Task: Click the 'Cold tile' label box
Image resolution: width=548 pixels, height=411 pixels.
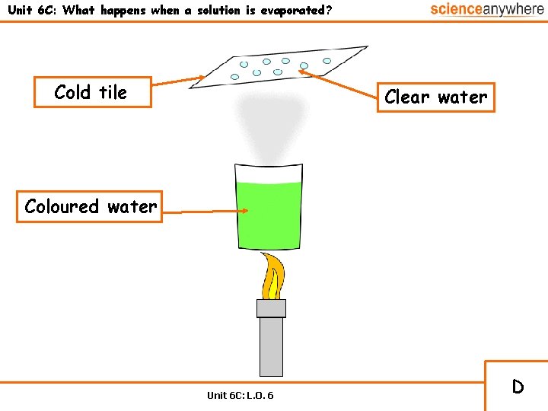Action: click(92, 92)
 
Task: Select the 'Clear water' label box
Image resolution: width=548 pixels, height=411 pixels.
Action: click(436, 97)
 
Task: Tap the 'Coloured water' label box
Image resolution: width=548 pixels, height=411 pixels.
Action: click(90, 206)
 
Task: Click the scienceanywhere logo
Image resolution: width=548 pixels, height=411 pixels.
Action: click(486, 10)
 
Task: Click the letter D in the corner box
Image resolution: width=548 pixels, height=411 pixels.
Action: click(518, 387)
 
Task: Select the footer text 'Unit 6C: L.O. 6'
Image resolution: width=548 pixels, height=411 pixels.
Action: click(241, 395)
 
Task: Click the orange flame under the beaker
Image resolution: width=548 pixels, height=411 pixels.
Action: click(272, 276)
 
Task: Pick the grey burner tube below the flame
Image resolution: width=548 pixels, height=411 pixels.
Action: click(271, 346)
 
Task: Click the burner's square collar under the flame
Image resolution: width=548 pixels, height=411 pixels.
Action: click(271, 308)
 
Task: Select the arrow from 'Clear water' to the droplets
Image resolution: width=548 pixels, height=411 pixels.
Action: click(339, 85)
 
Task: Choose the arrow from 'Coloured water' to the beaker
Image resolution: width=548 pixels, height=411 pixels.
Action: click(199, 211)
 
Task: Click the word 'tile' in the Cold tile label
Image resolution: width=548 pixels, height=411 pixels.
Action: click(113, 92)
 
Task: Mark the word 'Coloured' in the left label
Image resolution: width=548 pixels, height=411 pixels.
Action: click(62, 206)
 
